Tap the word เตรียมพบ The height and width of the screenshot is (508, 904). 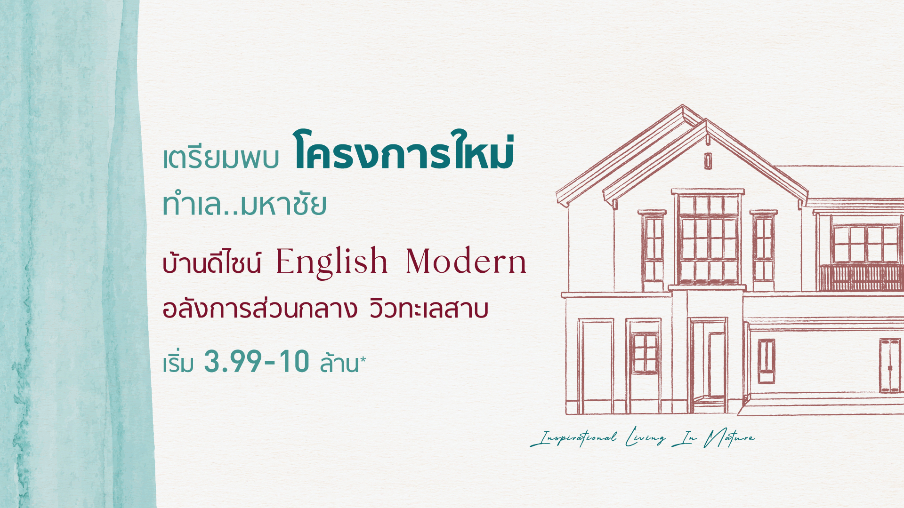(x=221, y=159)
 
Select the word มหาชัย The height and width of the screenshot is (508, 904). (x=283, y=206)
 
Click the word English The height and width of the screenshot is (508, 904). (x=331, y=262)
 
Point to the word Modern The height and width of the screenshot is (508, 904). (x=466, y=262)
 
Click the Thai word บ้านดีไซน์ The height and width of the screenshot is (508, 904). (x=211, y=263)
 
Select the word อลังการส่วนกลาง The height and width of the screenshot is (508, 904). (x=259, y=310)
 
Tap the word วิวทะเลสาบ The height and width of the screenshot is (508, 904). (x=428, y=310)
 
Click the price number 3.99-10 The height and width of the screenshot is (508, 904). (x=257, y=362)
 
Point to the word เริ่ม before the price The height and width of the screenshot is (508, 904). (x=178, y=363)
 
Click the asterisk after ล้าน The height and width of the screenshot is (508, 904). (x=363, y=360)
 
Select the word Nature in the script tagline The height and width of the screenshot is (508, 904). (x=729, y=438)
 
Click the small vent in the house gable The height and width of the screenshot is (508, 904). (x=708, y=161)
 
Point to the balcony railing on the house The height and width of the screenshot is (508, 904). (x=861, y=278)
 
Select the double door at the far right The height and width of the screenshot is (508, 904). (x=889, y=365)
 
